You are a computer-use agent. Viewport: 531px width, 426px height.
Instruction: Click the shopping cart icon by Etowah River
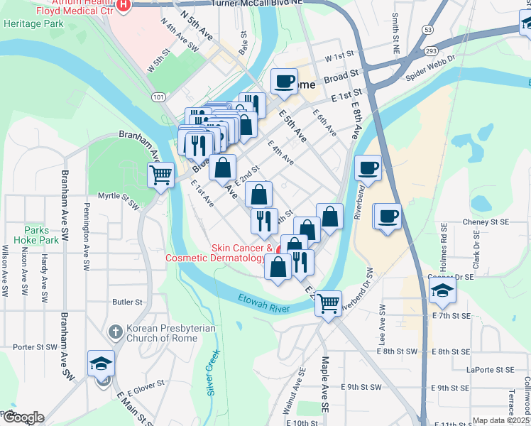328,303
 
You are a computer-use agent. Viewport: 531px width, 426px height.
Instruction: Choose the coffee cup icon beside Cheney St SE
388,215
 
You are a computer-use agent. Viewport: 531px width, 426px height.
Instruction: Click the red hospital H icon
124,6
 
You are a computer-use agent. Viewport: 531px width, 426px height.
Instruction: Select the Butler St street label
128,302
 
